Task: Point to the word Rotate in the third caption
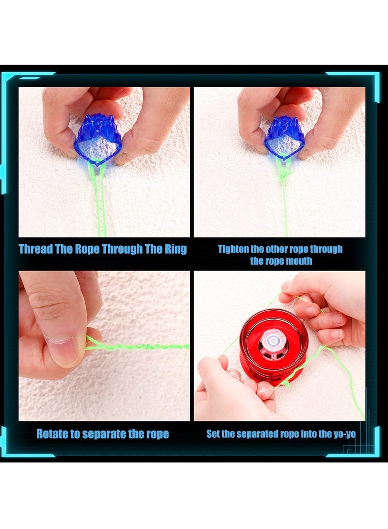click(52, 433)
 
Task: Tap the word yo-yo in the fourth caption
click(343, 434)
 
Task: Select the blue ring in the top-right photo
click(284, 138)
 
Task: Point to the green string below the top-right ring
click(285, 194)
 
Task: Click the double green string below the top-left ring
click(98, 199)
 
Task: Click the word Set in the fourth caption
click(213, 434)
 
